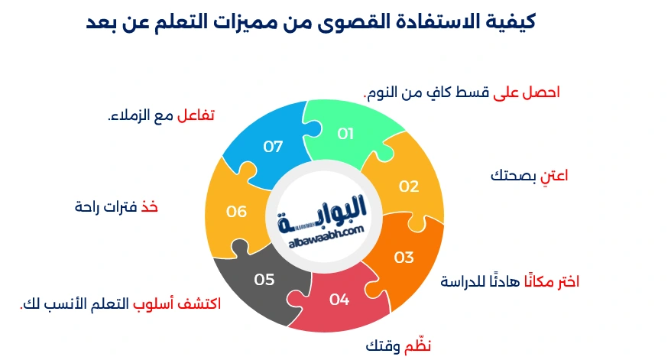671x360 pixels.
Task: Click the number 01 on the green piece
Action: [345, 134]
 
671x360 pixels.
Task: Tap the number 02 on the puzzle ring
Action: [409, 186]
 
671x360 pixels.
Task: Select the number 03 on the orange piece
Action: [404, 258]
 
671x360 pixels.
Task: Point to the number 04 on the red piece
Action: [339, 299]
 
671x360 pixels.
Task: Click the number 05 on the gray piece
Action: [264, 280]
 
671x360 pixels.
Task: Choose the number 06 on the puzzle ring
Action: [236, 211]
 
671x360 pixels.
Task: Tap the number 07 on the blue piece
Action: [273, 147]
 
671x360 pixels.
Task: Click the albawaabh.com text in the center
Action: [326, 237]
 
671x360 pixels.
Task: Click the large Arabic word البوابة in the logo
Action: [323, 213]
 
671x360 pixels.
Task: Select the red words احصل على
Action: [527, 92]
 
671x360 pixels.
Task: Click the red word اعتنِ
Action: [554, 176]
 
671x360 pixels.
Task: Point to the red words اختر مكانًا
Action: [552, 281]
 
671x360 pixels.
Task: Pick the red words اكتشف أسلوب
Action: [177, 303]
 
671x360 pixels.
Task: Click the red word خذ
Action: [150, 207]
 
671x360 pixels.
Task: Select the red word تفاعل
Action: [196, 115]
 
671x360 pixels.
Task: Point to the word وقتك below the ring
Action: [383, 346]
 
